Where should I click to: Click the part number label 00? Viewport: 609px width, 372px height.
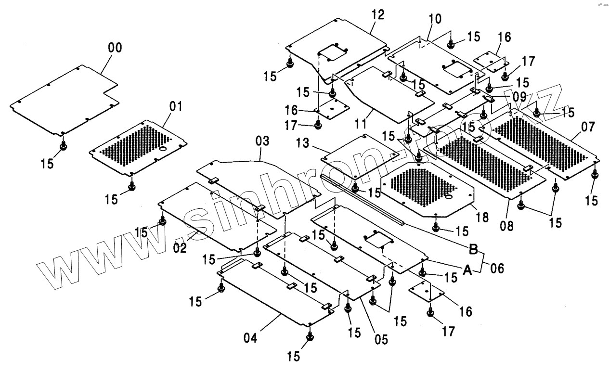(115, 48)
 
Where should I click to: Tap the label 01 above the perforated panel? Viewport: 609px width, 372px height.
(176, 106)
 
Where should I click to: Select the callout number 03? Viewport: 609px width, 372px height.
(262, 141)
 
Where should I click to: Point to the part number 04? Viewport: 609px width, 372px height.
(250, 338)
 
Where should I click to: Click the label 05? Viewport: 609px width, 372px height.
(381, 339)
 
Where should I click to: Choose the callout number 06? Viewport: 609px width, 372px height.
(497, 268)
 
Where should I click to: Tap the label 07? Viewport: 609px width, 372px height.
(588, 127)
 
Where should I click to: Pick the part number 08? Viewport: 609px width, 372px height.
(507, 226)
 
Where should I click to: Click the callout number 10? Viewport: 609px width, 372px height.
(435, 19)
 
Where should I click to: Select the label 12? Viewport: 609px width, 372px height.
(378, 14)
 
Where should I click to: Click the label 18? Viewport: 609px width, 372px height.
(482, 218)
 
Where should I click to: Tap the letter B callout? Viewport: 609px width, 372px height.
(473, 249)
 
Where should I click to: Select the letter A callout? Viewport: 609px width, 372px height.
(467, 270)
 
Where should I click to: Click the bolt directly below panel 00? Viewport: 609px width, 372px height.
(63, 146)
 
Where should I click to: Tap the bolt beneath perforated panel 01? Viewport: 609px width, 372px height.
(132, 186)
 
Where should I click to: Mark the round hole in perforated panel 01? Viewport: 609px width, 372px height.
(163, 149)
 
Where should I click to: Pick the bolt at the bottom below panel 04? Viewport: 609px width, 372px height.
(310, 337)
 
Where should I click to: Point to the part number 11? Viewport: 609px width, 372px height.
(361, 124)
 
